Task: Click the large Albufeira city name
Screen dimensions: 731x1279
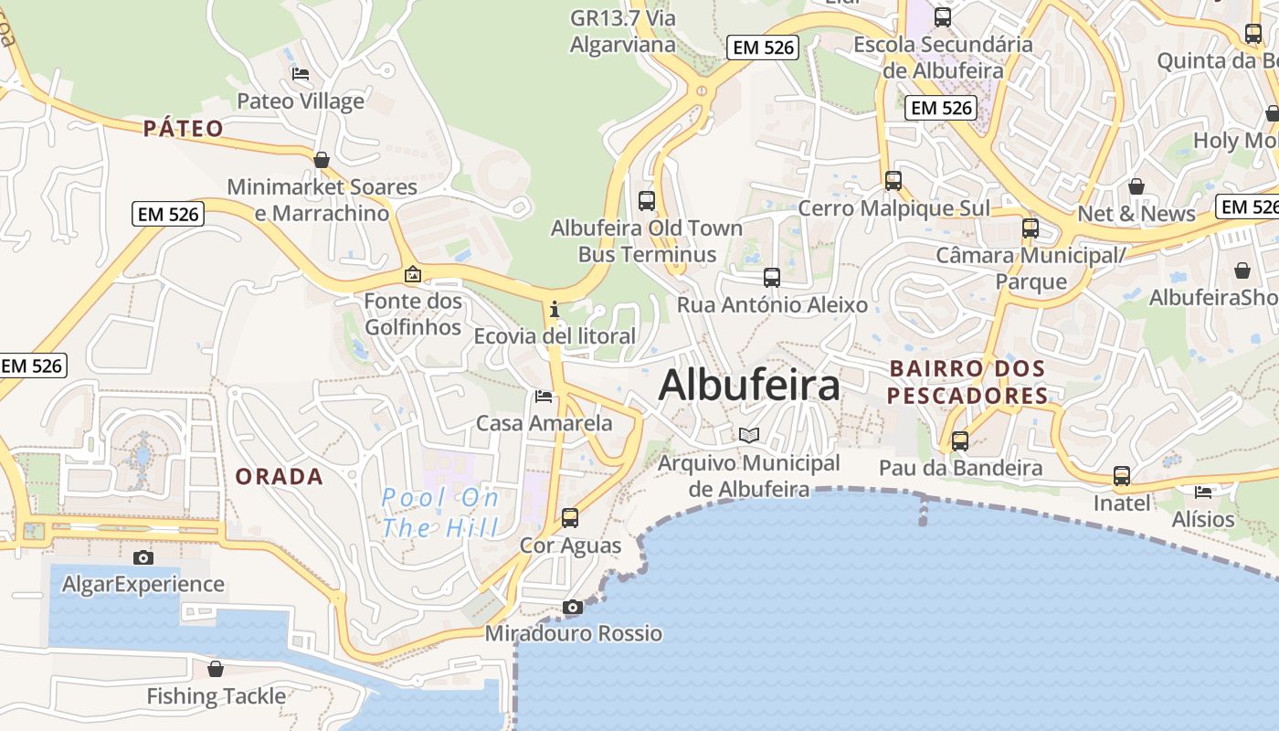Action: pyautogui.click(x=749, y=385)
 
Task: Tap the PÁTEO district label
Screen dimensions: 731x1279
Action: pyautogui.click(x=184, y=128)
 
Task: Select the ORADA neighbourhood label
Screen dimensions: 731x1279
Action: pyautogui.click(x=280, y=476)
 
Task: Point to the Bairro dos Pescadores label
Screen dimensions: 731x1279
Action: pyautogui.click(x=967, y=382)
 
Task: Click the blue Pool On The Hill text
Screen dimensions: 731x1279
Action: pyautogui.click(x=440, y=512)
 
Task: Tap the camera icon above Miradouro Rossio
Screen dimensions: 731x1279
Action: pyautogui.click(x=573, y=607)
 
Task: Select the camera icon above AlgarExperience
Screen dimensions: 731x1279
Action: pyautogui.click(x=143, y=557)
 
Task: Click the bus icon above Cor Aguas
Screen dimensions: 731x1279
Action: pyautogui.click(x=570, y=518)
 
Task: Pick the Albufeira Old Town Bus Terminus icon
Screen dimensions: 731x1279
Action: pyautogui.click(x=647, y=200)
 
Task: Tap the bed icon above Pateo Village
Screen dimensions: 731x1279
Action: pyautogui.click(x=300, y=74)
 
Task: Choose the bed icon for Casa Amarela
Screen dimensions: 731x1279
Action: pyautogui.click(x=544, y=397)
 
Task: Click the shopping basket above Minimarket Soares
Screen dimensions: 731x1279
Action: pyautogui.click(x=322, y=160)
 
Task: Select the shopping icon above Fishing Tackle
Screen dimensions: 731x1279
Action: pyautogui.click(x=216, y=669)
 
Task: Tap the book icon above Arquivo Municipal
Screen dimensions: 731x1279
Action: pyautogui.click(x=749, y=435)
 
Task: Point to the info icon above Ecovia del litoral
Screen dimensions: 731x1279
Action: pyautogui.click(x=555, y=309)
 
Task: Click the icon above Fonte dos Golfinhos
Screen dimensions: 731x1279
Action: pyautogui.click(x=413, y=274)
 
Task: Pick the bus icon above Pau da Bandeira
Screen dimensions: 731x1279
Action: pyautogui.click(x=960, y=440)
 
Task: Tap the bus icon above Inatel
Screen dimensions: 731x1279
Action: pyautogui.click(x=1122, y=475)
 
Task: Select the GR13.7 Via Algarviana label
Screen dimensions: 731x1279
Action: pyautogui.click(x=623, y=31)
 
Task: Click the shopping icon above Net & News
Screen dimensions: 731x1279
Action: pyautogui.click(x=1136, y=186)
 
